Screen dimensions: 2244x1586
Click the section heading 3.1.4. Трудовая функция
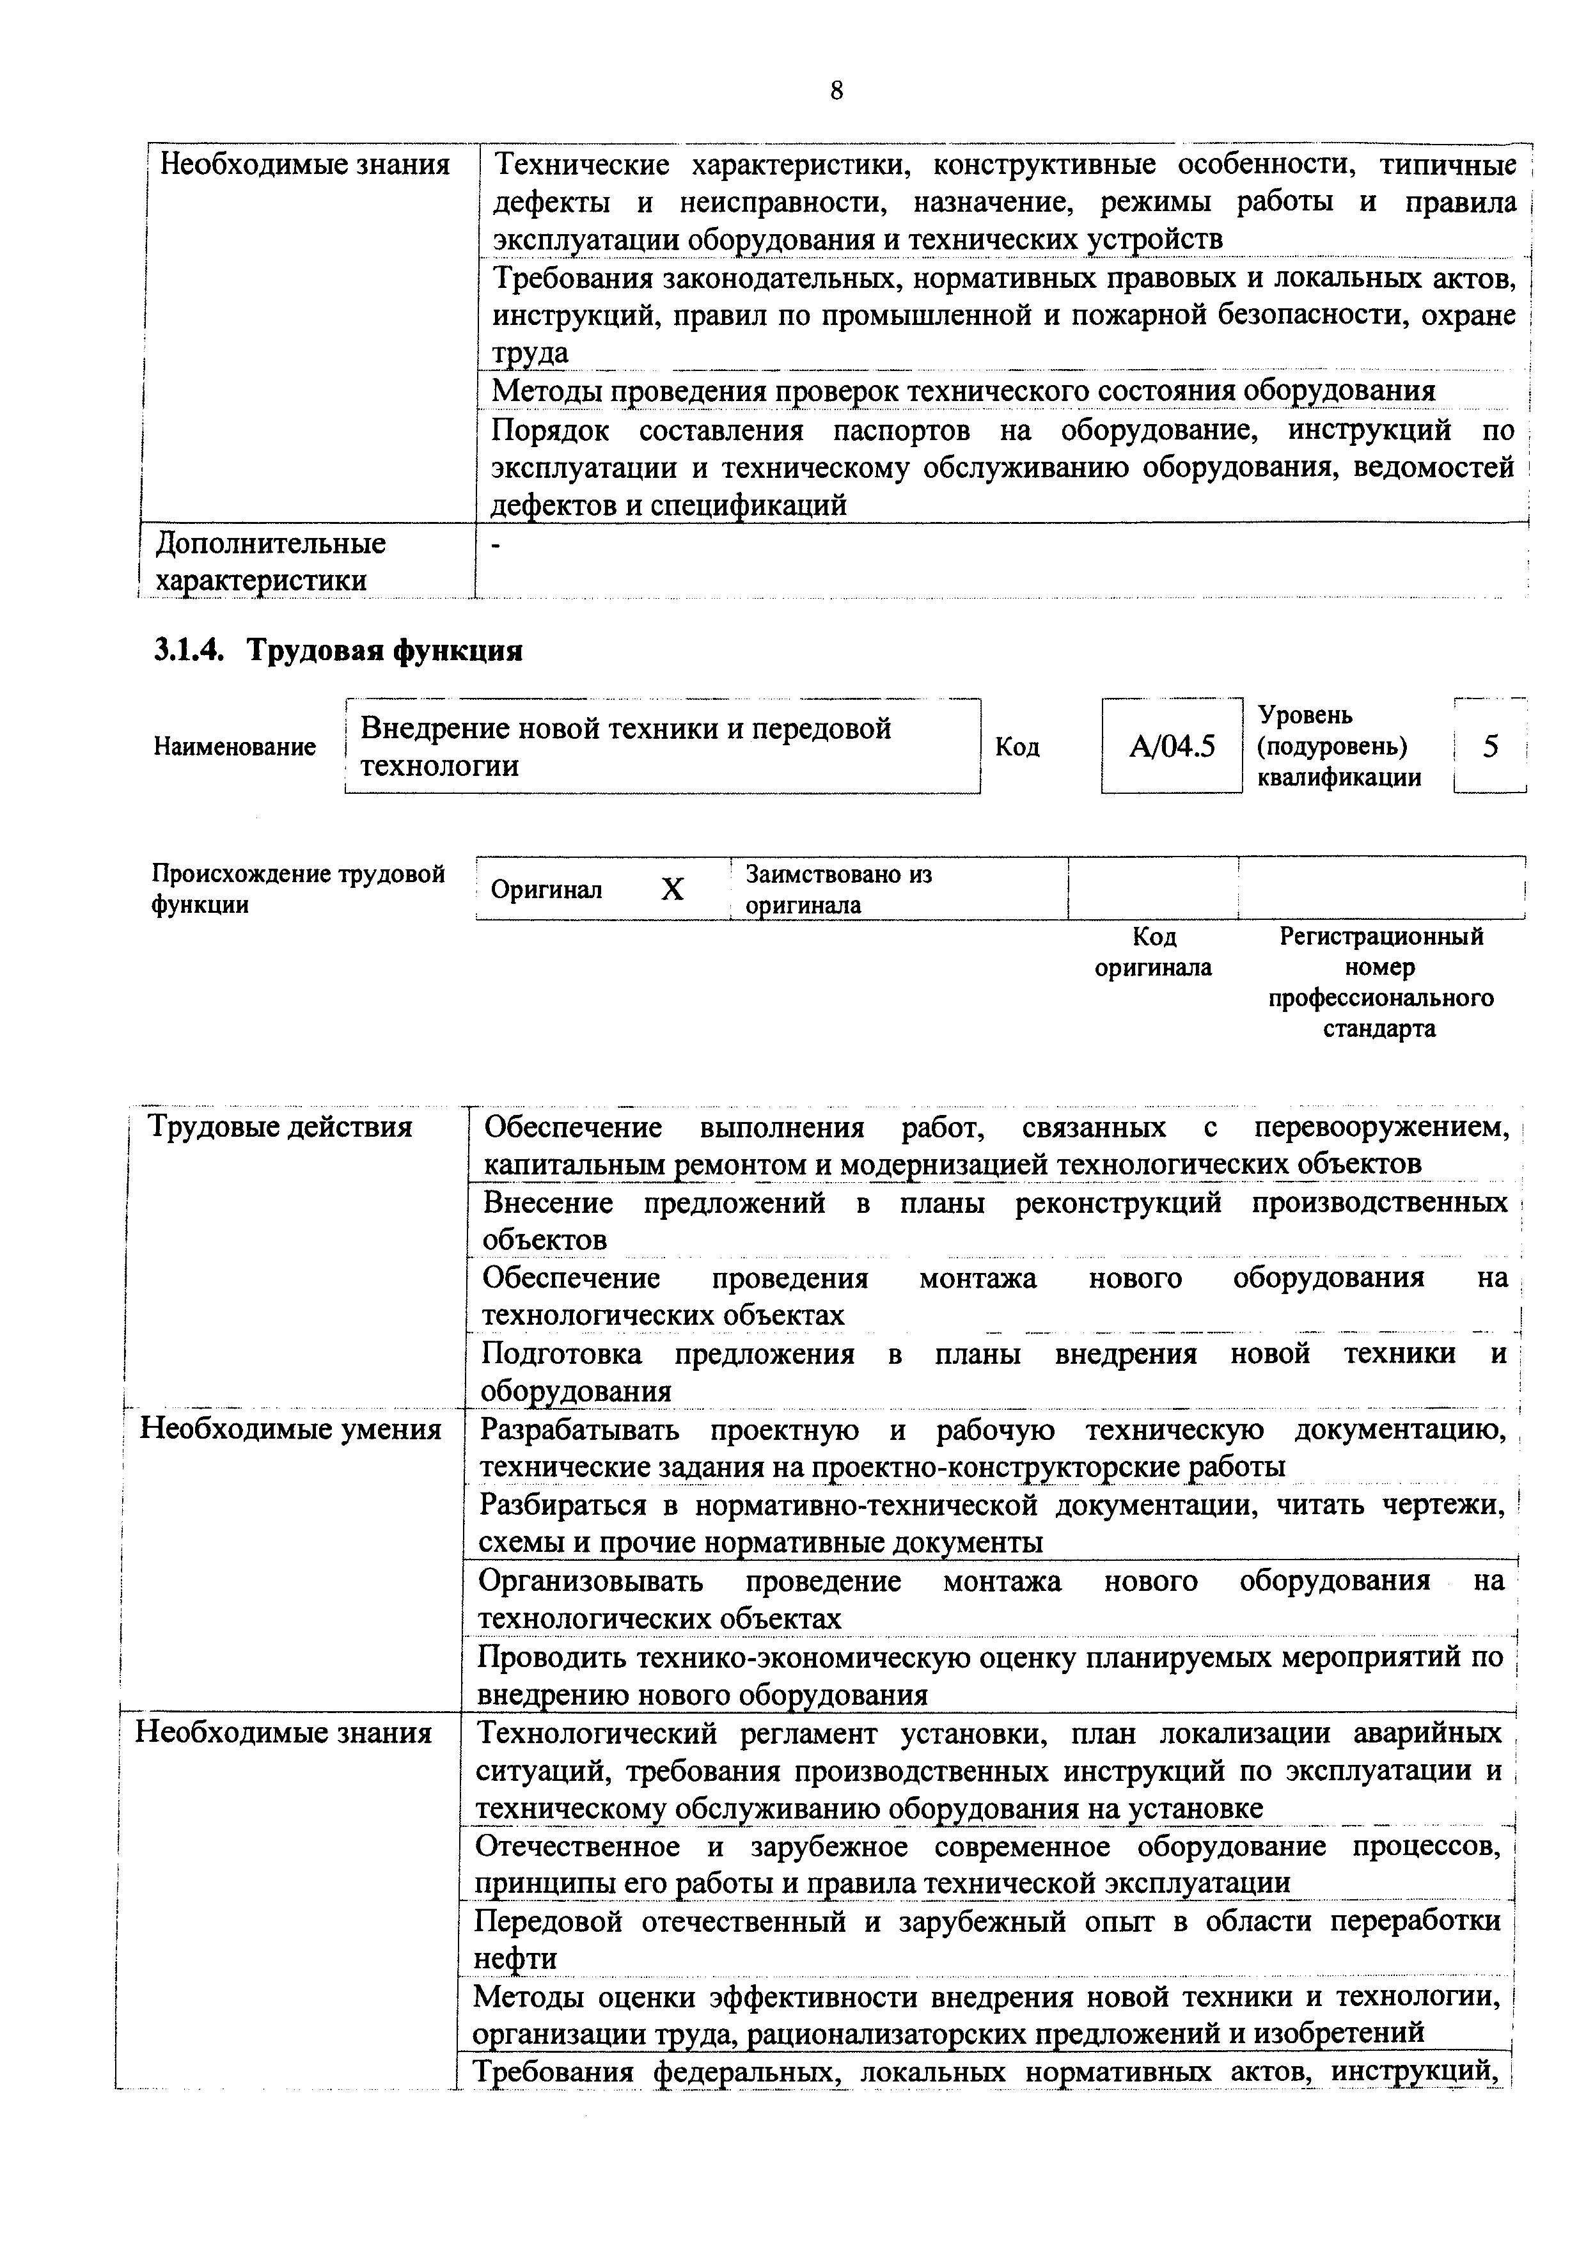tap(338, 650)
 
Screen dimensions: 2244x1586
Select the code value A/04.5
tap(1172, 747)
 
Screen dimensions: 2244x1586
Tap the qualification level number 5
tap(1490, 747)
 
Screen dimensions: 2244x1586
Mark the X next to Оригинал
tap(672, 889)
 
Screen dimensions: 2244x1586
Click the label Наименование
tap(235, 747)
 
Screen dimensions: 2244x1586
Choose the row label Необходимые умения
tap(290, 1429)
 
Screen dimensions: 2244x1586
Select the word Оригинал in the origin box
tap(546, 889)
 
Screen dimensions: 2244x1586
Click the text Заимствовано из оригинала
tap(838, 889)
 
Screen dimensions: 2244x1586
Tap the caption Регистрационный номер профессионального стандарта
tap(1380, 983)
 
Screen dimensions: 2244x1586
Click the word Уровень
tap(1305, 715)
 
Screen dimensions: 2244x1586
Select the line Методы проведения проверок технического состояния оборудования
tap(962, 391)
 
